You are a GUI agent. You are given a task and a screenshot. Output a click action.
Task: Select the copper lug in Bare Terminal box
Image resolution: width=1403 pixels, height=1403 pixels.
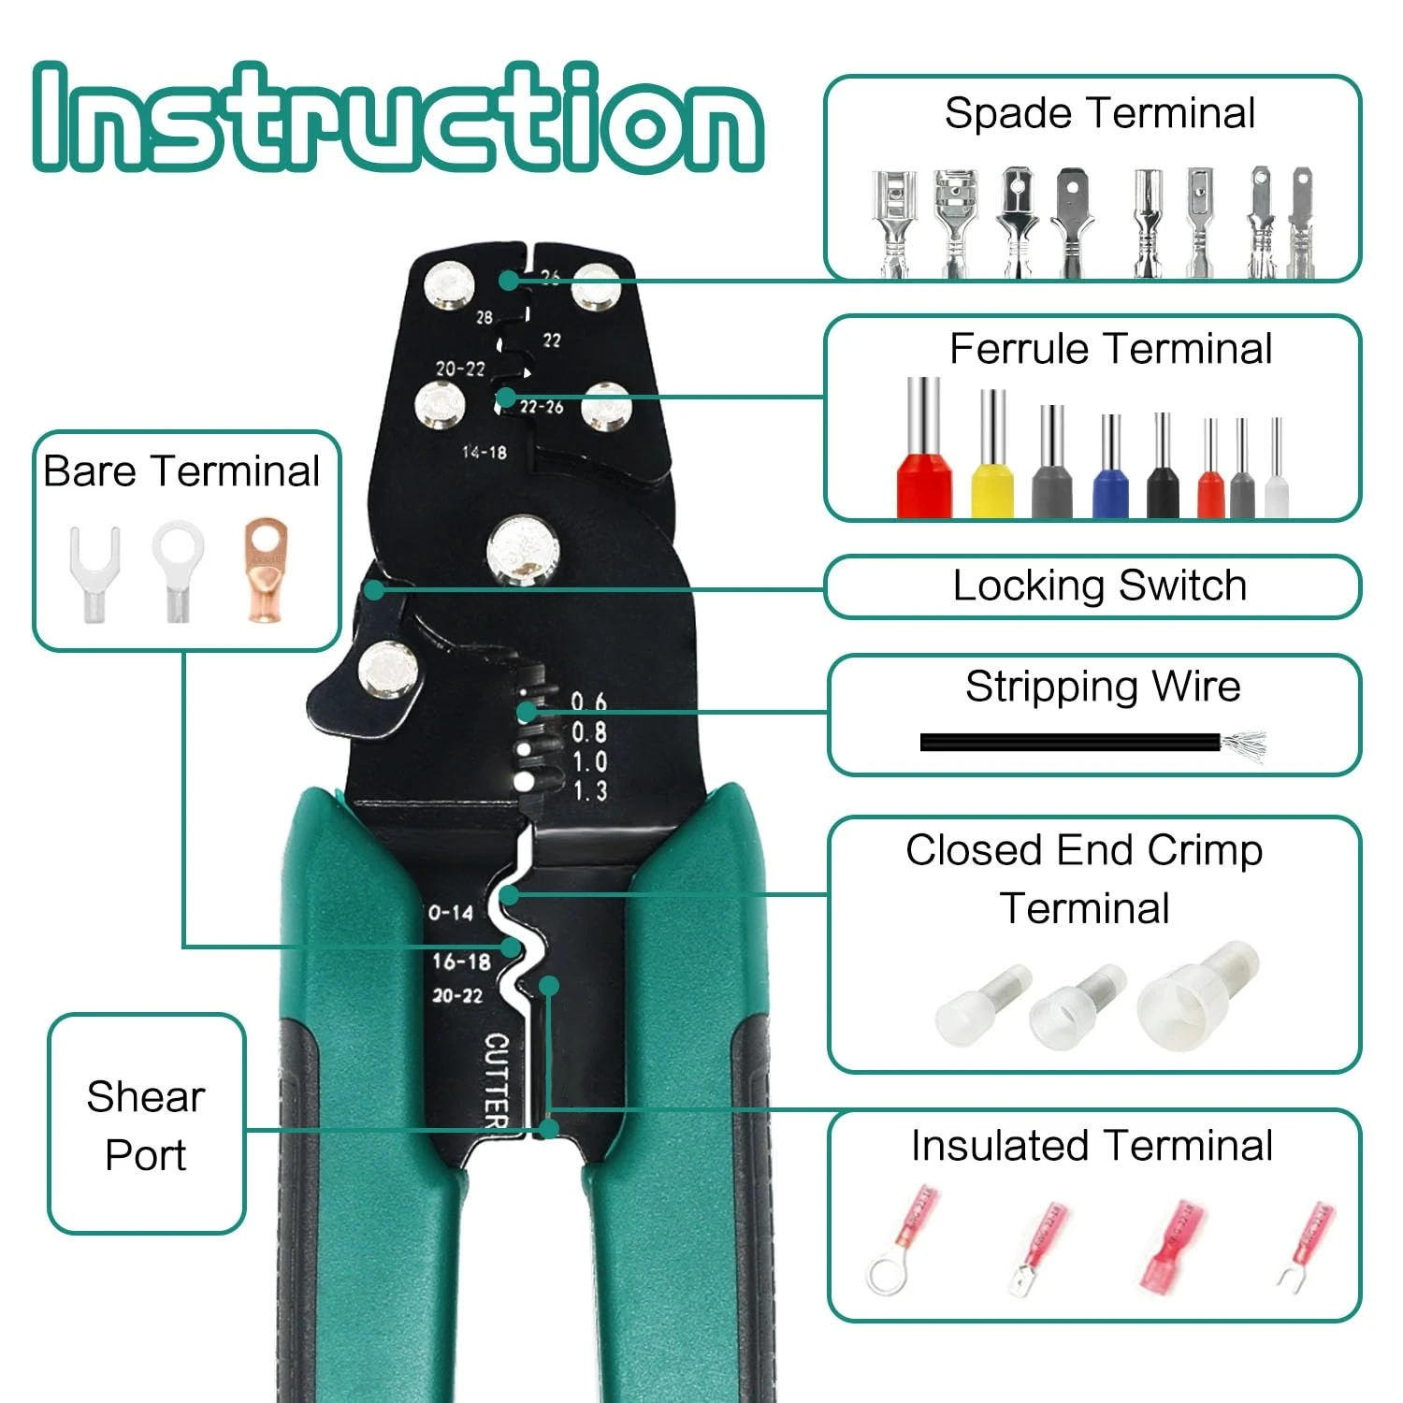266,571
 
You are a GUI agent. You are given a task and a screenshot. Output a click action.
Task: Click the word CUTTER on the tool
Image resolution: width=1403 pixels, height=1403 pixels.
497,1079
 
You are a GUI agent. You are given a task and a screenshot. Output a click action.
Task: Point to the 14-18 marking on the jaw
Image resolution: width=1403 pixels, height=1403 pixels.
485,453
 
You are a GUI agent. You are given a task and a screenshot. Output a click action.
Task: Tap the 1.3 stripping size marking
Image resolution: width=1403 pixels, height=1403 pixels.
590,791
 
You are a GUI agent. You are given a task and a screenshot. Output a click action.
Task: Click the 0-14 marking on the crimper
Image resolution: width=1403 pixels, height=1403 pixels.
451,912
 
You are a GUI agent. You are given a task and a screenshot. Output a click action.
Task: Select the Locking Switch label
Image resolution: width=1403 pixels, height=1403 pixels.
1099,586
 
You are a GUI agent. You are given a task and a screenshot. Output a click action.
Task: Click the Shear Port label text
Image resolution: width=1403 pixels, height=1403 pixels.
146,1125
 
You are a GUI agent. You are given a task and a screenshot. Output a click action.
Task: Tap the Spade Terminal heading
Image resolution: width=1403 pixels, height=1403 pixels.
1099,113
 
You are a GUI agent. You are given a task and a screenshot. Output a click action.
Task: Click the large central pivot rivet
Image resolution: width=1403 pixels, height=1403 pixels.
523,552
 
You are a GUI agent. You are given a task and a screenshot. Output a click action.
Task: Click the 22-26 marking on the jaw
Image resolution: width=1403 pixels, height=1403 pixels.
542,407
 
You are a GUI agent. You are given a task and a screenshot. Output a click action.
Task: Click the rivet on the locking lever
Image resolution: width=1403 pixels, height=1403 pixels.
388,672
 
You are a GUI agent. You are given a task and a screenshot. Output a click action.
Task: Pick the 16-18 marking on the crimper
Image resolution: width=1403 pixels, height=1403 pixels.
461,962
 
